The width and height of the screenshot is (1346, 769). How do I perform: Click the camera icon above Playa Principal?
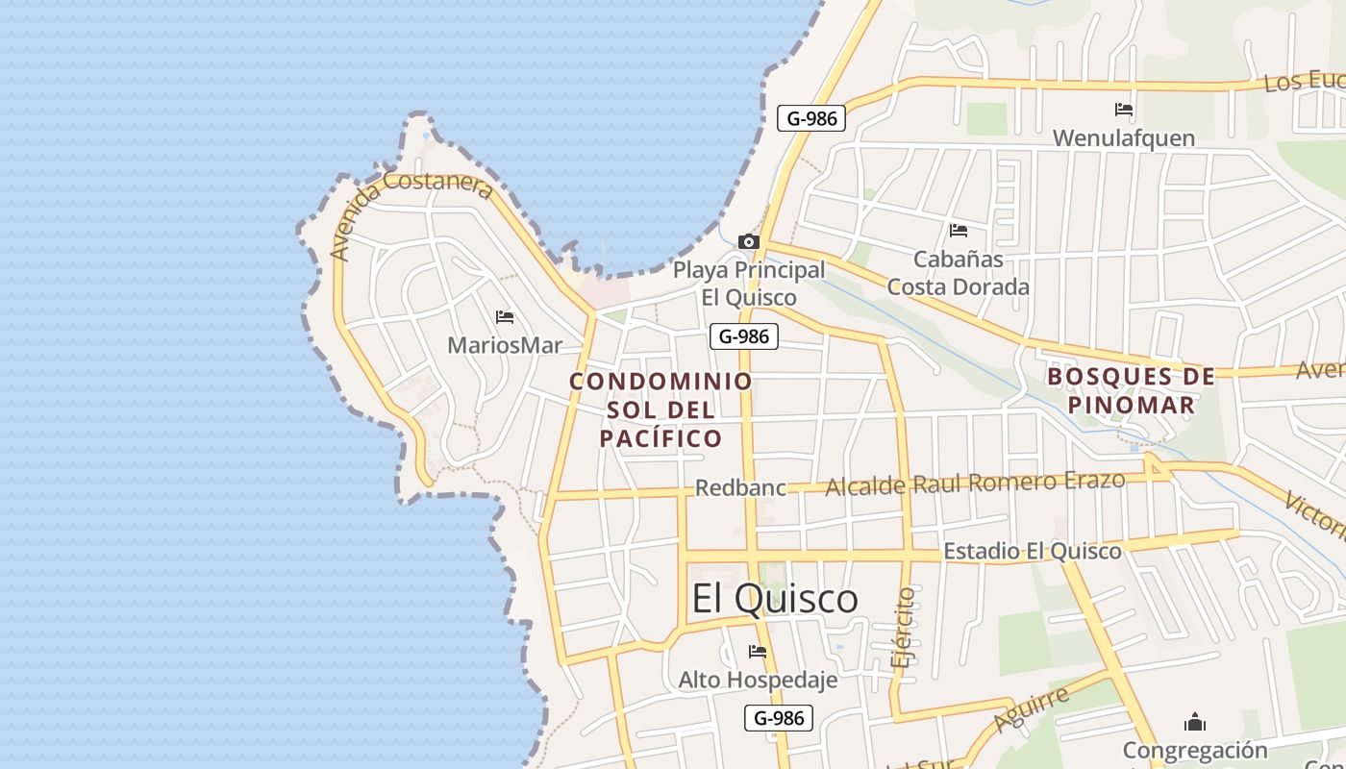(748, 241)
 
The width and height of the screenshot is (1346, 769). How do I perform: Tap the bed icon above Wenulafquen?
(1123, 110)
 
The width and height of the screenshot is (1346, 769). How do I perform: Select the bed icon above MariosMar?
(504, 316)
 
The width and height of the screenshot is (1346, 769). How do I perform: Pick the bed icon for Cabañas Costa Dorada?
(958, 231)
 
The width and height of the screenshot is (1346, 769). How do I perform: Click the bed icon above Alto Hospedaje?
(758, 652)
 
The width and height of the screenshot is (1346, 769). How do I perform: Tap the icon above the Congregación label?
(1195, 721)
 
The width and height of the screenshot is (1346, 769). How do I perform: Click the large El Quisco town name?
(774, 598)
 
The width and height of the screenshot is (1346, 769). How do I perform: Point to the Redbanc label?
(740, 487)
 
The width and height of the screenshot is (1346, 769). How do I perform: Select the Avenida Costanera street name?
(411, 213)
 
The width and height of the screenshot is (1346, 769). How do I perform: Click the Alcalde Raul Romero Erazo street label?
(975, 483)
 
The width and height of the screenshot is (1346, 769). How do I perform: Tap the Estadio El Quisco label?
(1032, 551)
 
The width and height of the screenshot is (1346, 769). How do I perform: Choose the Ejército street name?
(905, 628)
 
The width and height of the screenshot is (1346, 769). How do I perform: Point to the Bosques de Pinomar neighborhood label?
(1131, 390)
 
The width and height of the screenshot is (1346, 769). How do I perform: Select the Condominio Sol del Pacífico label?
(661, 409)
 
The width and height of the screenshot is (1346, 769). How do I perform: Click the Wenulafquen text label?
(1123, 138)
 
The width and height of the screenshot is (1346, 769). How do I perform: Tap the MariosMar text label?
(504, 345)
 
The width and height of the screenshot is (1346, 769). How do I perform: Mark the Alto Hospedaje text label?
(758, 680)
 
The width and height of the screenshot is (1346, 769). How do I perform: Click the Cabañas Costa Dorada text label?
(958, 273)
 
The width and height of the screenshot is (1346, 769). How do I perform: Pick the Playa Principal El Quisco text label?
(748, 284)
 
